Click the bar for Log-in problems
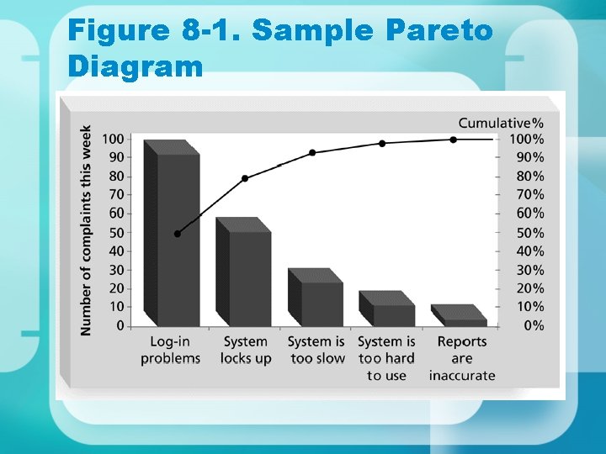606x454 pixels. (177, 240)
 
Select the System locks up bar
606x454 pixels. (249, 277)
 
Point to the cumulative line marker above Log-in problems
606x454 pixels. (177, 234)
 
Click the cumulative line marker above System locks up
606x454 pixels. (245, 178)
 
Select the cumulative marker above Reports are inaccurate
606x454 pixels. (453, 140)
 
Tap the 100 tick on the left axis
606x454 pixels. (114, 139)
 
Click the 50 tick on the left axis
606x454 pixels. (117, 232)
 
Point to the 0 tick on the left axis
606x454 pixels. (120, 325)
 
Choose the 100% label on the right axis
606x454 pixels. (527, 139)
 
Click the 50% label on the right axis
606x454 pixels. (529, 233)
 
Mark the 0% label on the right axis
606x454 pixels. (533, 325)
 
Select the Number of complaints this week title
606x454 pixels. (86, 230)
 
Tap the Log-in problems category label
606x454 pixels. (170, 350)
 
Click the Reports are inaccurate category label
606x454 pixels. (462, 358)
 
